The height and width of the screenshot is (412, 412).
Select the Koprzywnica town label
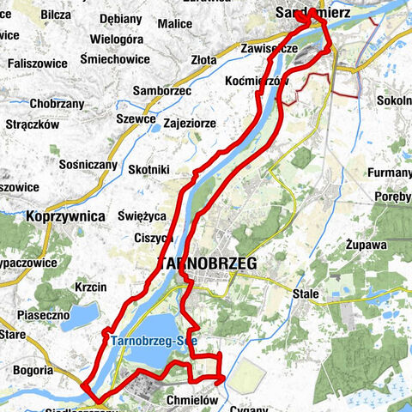point(64,216)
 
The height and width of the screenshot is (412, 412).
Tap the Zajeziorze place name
point(189,124)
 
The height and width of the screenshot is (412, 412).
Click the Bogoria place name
point(32,371)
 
